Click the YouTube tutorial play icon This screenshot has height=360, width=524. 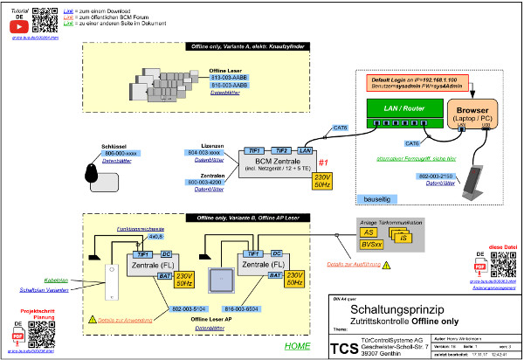(16, 26)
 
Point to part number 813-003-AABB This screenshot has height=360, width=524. (229, 77)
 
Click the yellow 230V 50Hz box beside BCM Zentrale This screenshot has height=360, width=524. (322, 181)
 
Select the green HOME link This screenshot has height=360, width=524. (298, 347)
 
